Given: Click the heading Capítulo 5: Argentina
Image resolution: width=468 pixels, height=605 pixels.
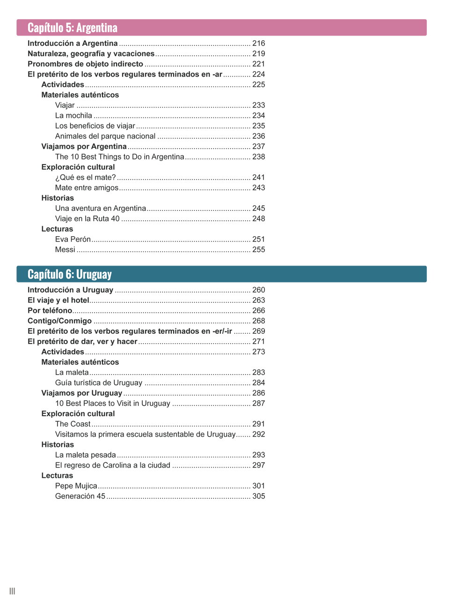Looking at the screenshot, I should (x=73, y=28).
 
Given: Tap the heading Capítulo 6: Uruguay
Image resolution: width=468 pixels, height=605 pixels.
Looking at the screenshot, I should (x=70, y=274).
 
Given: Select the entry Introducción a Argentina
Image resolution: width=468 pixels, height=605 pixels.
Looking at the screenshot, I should (x=73, y=43).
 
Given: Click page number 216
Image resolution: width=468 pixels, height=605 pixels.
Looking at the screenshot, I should (x=258, y=43).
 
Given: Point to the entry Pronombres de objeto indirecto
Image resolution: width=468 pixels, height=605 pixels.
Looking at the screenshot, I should (x=85, y=64).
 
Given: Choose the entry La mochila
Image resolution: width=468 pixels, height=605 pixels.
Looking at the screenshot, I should (x=73, y=115).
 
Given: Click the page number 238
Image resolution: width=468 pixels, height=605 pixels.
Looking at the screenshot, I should (x=258, y=157).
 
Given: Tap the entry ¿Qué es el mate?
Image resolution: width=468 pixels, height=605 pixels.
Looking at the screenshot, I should (x=85, y=177).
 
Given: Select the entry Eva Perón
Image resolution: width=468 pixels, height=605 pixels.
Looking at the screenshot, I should (x=73, y=239).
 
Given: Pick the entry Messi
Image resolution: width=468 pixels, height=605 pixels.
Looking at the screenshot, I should (x=65, y=250).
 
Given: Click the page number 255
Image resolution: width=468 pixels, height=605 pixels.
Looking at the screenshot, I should (x=258, y=250).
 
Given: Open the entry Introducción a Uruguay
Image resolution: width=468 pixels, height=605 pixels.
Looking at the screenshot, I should (x=70, y=290).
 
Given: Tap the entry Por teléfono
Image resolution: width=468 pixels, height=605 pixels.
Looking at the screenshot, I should (x=50, y=310).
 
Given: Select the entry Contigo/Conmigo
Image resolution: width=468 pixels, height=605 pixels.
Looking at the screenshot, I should (x=59, y=321).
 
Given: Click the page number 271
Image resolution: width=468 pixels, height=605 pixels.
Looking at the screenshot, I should (x=258, y=341).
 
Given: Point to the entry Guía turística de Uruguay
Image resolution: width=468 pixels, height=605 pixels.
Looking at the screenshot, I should (x=98, y=383).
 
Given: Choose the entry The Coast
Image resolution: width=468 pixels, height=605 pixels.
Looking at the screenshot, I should (x=73, y=424).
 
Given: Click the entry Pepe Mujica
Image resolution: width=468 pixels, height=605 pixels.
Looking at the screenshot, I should (x=76, y=486).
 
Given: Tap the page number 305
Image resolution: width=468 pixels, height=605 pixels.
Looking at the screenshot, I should (x=258, y=496).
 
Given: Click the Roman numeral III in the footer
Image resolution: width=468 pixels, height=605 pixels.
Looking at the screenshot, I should (x=12, y=591).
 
